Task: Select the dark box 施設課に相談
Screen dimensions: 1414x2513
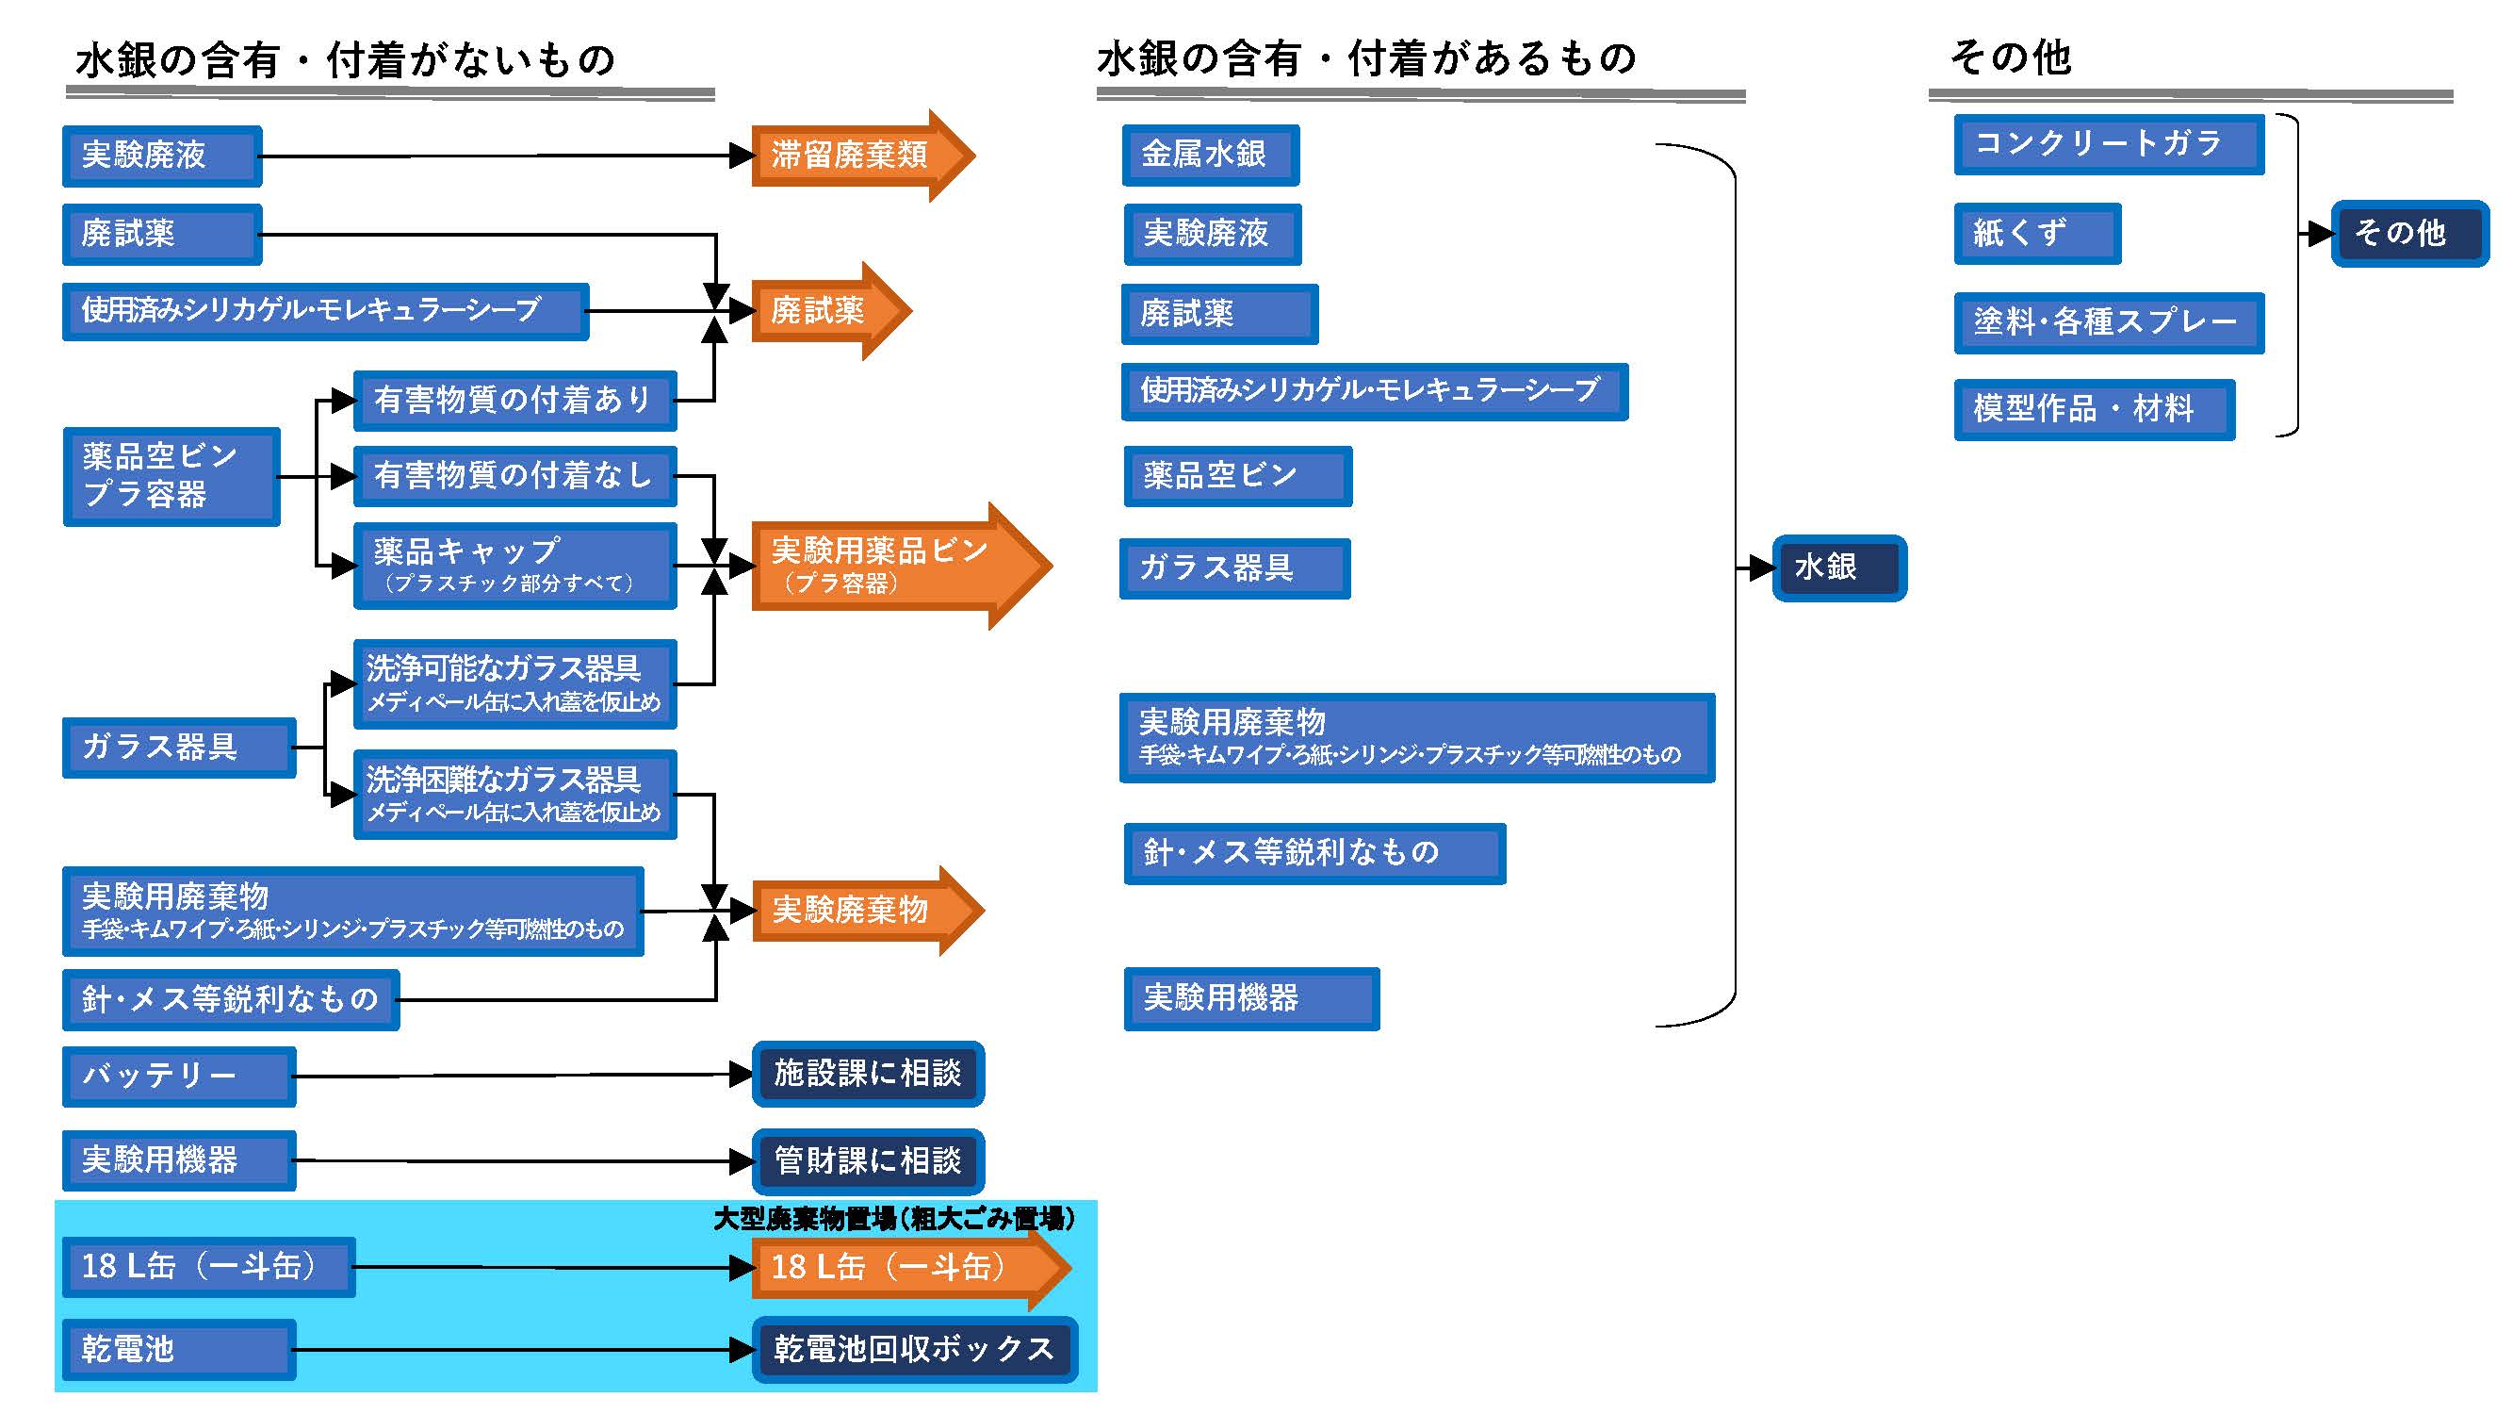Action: (x=867, y=1074)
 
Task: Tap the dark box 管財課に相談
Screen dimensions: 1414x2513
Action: (x=867, y=1160)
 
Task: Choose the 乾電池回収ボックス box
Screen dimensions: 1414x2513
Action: (x=914, y=1349)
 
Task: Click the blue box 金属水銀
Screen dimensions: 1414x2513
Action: (x=1210, y=155)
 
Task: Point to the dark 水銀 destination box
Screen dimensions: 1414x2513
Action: (x=1839, y=567)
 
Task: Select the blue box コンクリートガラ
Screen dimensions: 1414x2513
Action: (x=2107, y=144)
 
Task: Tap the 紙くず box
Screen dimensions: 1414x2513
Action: (x=2037, y=233)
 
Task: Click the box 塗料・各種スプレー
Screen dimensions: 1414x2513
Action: (x=2107, y=322)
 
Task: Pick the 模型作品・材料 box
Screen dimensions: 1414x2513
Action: (x=2094, y=409)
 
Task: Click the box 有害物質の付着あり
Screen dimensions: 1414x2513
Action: (x=514, y=400)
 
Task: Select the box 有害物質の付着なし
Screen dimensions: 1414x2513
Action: (x=514, y=476)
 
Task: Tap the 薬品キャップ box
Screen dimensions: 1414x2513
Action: (x=514, y=565)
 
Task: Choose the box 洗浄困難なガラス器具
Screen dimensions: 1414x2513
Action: (x=514, y=794)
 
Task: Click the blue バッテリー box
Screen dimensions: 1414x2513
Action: (x=178, y=1076)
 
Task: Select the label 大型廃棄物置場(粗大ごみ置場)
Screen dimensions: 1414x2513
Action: (x=893, y=1218)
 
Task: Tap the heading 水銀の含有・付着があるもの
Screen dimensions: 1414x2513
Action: (x=1365, y=59)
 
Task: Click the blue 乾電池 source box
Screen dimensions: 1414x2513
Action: (x=178, y=1349)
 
